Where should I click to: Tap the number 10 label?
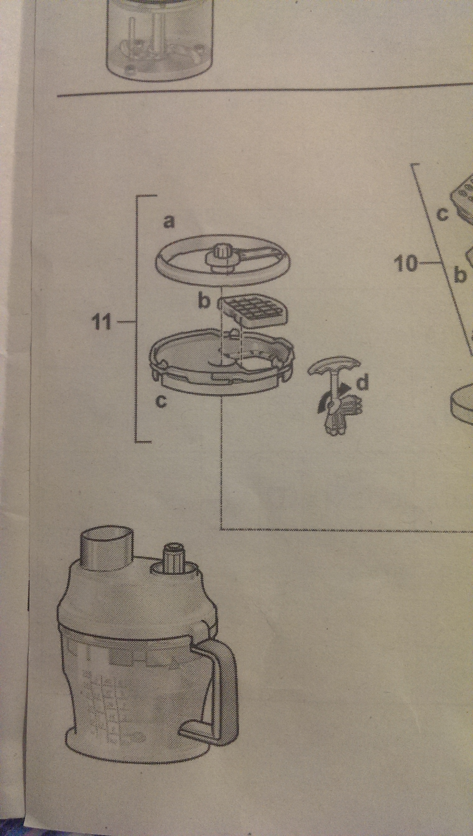tap(405, 264)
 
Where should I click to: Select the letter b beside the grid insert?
tap(205, 302)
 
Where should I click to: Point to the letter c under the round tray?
tap(161, 402)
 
